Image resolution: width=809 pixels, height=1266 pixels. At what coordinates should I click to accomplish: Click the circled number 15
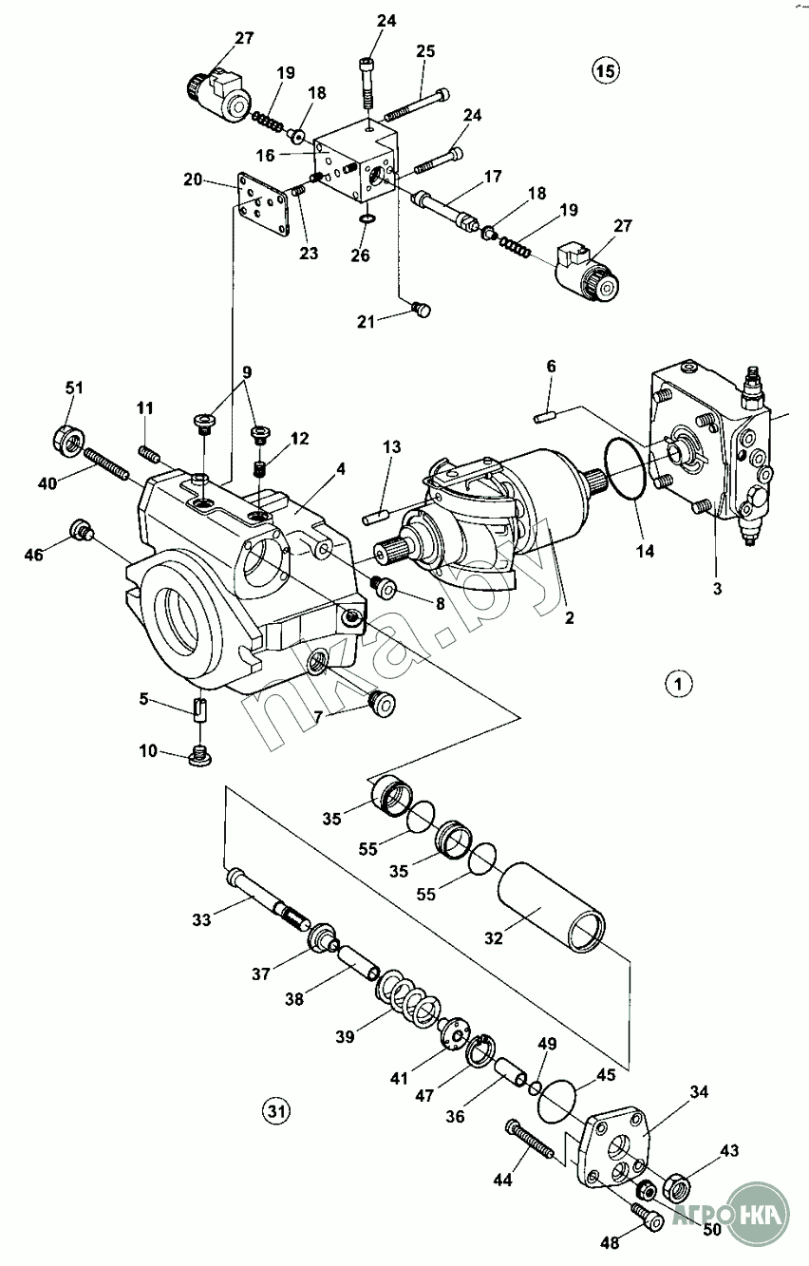tap(605, 69)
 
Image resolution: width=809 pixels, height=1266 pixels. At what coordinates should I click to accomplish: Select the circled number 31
tap(275, 1108)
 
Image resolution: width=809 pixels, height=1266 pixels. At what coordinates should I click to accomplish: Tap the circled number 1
tap(677, 683)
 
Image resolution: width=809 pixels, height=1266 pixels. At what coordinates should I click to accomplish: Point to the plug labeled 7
tap(381, 704)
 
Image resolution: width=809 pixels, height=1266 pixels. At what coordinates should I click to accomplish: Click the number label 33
tap(200, 919)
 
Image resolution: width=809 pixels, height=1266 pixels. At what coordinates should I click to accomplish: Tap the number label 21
tap(366, 322)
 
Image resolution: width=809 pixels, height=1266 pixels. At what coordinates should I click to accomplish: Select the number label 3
tap(717, 588)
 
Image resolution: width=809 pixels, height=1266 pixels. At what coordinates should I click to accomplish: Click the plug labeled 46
tap(83, 530)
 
